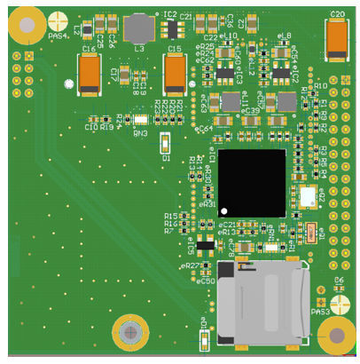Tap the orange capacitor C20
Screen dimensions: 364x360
coord(336,39)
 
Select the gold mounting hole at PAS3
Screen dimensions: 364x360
coord(337,336)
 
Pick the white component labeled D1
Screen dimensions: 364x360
coord(165,143)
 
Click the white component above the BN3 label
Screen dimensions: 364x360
coord(139,119)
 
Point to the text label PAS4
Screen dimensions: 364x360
coord(59,36)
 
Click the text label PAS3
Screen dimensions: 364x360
coord(320,312)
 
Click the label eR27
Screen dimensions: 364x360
coord(190,265)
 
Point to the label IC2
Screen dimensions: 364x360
coord(169,14)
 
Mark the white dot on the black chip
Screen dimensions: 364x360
coord(225,211)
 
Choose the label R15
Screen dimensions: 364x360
coord(170,216)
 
